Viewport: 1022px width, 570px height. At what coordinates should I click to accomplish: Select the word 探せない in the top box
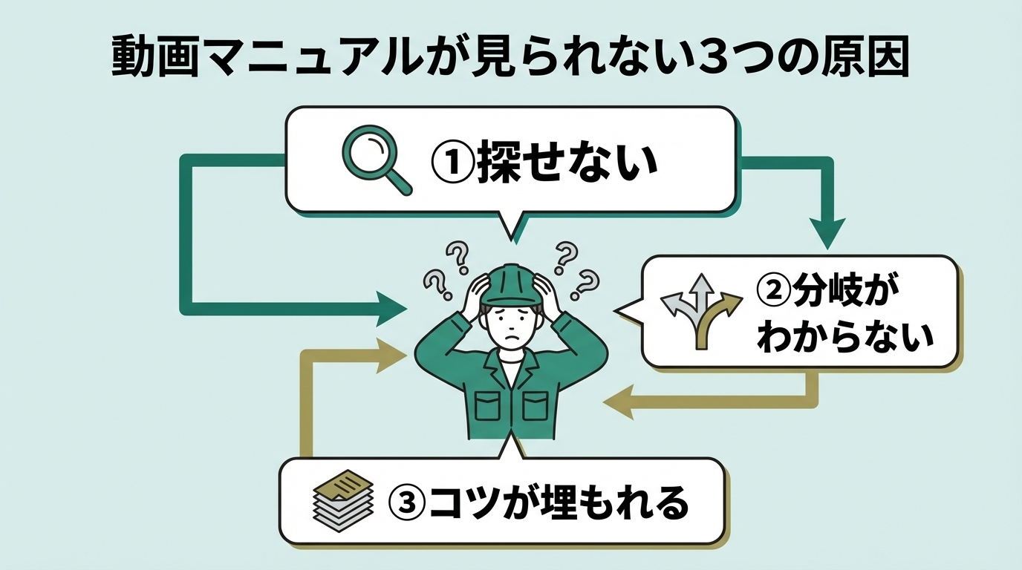tap(568, 163)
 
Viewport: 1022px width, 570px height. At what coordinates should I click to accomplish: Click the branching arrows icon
tap(700, 310)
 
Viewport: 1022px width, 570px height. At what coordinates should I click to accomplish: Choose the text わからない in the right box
tap(844, 338)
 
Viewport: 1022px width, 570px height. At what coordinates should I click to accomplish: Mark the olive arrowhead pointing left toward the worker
tap(619, 404)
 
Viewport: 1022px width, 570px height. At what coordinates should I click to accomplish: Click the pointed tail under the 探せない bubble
tap(510, 226)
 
